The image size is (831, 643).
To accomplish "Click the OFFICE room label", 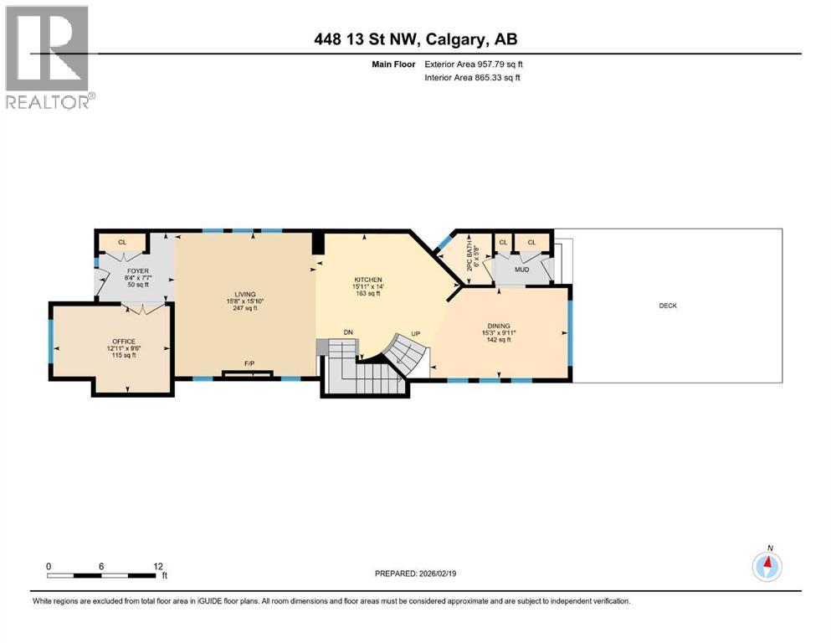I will click(124, 342).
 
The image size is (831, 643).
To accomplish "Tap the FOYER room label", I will click(138, 271).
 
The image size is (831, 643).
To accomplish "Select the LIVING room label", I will click(244, 294).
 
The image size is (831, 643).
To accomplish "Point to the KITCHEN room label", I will click(368, 280).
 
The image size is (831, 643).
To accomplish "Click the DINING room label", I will click(500, 327).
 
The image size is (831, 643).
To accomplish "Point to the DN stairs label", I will click(348, 333).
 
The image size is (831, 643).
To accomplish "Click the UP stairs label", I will click(414, 333).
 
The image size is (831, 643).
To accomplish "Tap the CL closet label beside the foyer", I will click(122, 242).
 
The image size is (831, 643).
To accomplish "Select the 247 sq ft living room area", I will click(244, 308).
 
